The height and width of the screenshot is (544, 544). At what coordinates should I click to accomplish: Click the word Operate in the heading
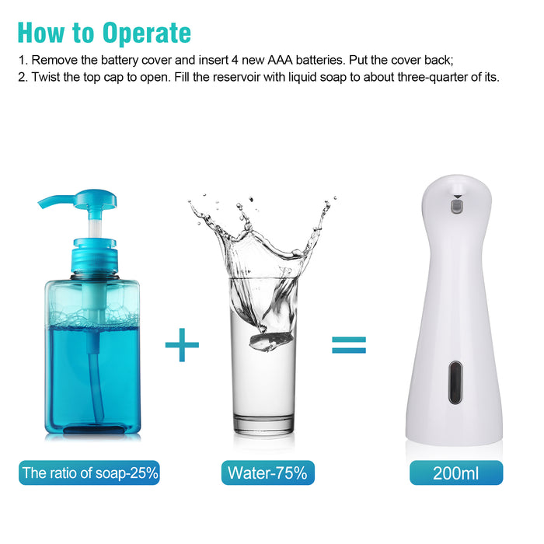click(x=146, y=33)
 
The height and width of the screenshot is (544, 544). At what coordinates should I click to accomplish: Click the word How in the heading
click(x=41, y=33)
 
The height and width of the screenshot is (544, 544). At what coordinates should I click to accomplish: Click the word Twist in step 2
click(x=45, y=77)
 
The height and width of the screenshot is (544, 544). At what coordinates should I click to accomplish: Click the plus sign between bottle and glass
click(x=182, y=344)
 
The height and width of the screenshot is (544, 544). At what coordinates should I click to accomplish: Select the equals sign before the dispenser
click(x=349, y=345)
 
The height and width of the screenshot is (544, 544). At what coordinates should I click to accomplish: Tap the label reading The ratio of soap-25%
click(x=89, y=473)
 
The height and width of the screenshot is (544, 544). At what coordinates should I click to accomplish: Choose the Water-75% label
click(x=268, y=473)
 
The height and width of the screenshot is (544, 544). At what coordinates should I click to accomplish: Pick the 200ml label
click(x=456, y=473)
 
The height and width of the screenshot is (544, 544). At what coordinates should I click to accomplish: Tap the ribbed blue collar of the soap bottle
click(x=94, y=256)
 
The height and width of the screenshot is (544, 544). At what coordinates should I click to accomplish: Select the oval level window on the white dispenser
click(x=455, y=382)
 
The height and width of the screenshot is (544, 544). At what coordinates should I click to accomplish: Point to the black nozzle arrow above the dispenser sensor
click(x=458, y=197)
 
